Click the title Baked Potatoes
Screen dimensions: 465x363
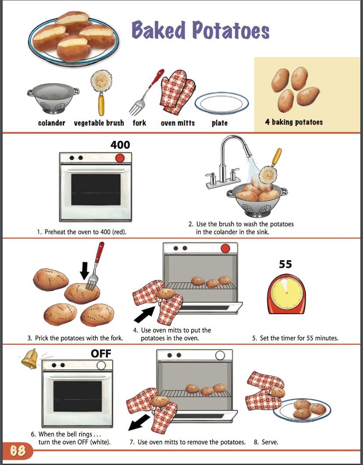point(200,30)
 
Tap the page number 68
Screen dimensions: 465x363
point(18,451)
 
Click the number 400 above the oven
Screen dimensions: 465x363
point(120,145)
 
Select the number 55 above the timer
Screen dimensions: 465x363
point(285,265)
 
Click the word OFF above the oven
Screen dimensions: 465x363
point(101,354)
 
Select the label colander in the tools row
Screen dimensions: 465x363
point(52,123)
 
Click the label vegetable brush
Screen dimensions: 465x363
point(99,123)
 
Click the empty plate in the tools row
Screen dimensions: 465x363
point(219,104)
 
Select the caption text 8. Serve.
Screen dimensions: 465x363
point(266,442)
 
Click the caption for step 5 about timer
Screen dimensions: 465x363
point(295,338)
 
